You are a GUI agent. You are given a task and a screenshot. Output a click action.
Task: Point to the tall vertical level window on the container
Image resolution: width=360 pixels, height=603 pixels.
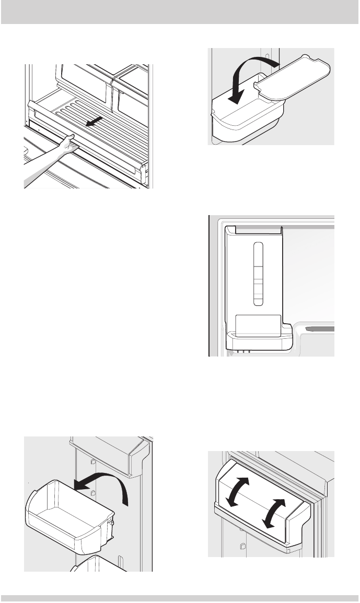point(257,274)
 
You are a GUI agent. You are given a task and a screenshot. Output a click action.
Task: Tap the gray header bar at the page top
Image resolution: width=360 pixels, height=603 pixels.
point(180,11)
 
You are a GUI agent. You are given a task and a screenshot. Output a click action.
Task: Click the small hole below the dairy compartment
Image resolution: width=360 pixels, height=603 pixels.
point(242,546)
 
